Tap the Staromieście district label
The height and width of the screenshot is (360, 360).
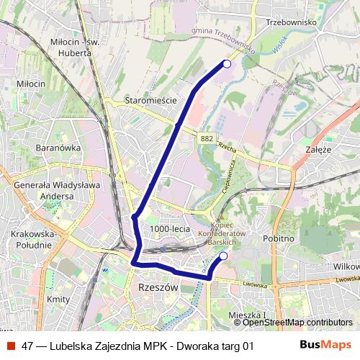pyautogui.click(x=150, y=101)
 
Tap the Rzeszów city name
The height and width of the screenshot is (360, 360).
pyautogui.click(x=156, y=287)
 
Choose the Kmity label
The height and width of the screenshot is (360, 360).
pyautogui.click(x=57, y=298)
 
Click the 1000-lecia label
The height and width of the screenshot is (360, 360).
pyautogui.click(x=170, y=228)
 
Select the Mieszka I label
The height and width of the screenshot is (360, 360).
pyautogui.click(x=246, y=315)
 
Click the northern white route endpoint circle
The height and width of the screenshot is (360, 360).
pyautogui.click(x=227, y=64)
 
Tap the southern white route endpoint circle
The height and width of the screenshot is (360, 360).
pyautogui.click(x=223, y=256)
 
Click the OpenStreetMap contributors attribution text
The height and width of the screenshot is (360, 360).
pyautogui.click(x=298, y=323)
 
